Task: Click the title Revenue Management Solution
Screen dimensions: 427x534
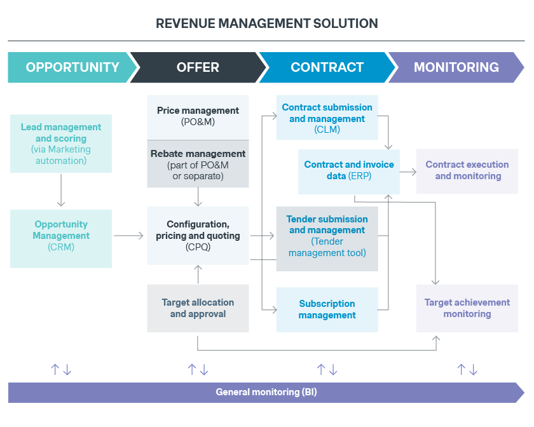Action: click(267, 24)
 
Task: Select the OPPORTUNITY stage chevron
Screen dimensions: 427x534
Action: click(72, 67)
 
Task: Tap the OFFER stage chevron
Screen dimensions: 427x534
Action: click(198, 67)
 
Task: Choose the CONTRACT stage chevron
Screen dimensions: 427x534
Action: click(327, 67)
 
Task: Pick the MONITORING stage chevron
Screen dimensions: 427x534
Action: click(456, 67)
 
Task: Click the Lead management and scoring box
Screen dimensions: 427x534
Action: click(61, 144)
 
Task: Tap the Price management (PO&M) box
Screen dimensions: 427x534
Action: click(198, 117)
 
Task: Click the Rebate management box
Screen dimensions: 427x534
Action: click(198, 164)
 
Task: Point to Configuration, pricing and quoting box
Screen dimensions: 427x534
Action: click(198, 236)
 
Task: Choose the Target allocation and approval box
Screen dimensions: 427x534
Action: click(198, 308)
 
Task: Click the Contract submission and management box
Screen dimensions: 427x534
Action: click(327, 118)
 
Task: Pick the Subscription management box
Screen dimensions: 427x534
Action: click(327, 309)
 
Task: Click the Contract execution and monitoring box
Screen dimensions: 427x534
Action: click(467, 171)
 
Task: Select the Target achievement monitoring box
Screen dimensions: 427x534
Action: click(467, 308)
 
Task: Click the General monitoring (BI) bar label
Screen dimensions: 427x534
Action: click(266, 392)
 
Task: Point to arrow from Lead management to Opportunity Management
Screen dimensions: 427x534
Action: click(61, 190)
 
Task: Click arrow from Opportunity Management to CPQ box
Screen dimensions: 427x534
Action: click(129, 236)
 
